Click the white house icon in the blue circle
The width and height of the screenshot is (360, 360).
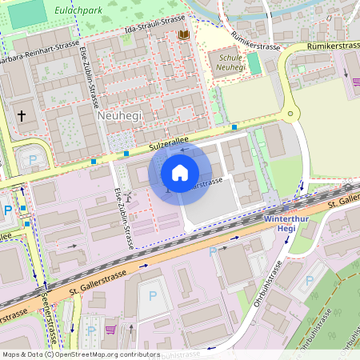180,172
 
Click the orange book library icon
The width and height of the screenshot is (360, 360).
183,35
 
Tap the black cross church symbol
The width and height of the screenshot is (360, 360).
22,116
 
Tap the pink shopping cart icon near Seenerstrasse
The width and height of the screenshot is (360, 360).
110,329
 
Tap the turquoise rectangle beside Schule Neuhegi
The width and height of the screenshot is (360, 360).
254,64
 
